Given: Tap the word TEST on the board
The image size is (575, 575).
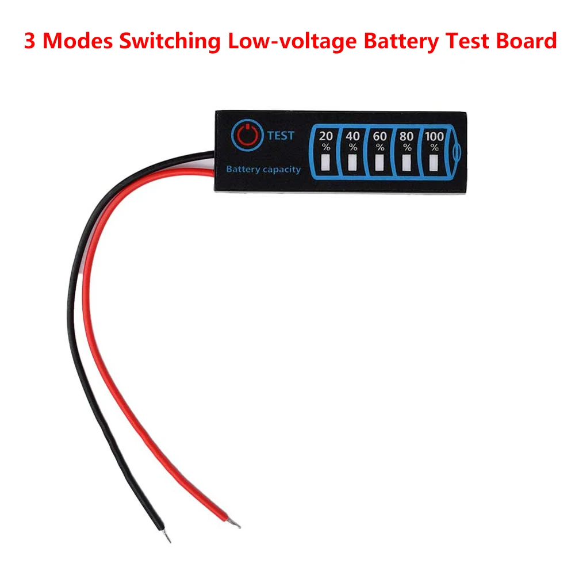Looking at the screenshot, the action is tap(280, 136).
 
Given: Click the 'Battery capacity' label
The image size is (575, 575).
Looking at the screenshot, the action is tap(263, 169).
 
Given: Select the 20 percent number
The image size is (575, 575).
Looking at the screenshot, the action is tap(325, 137).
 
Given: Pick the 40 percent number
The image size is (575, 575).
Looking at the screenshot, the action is tap(352, 137).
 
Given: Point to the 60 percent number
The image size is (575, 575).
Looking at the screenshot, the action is tap(379, 137).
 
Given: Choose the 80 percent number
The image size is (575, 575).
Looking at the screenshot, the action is tap(407, 137).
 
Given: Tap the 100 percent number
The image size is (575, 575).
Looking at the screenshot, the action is tap(434, 137).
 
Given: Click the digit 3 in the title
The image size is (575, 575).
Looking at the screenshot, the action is tap(29, 41).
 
